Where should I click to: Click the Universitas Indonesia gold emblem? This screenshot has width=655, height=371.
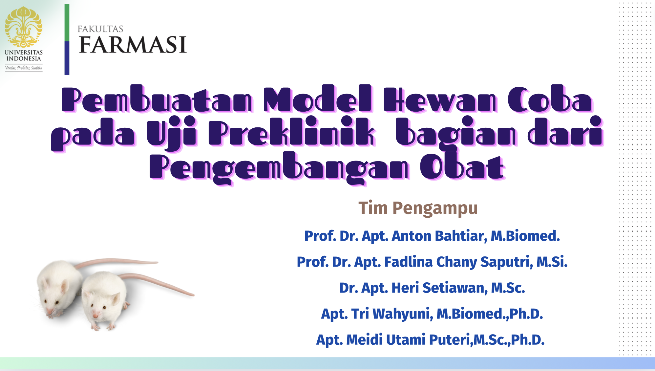pyautogui.click(x=23, y=27)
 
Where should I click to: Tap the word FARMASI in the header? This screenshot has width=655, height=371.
pyautogui.click(x=133, y=45)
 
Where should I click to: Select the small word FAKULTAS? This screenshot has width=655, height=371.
pyautogui.click(x=100, y=29)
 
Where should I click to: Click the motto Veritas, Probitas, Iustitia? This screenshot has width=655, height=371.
pyautogui.click(x=23, y=68)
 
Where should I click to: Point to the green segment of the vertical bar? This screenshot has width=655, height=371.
pyautogui.click(x=67, y=23)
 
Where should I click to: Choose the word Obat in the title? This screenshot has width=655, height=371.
pyautogui.click(x=462, y=167)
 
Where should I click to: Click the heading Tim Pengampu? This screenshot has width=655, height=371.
pyautogui.click(x=418, y=208)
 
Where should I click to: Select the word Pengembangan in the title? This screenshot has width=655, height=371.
pyautogui.click(x=279, y=167)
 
